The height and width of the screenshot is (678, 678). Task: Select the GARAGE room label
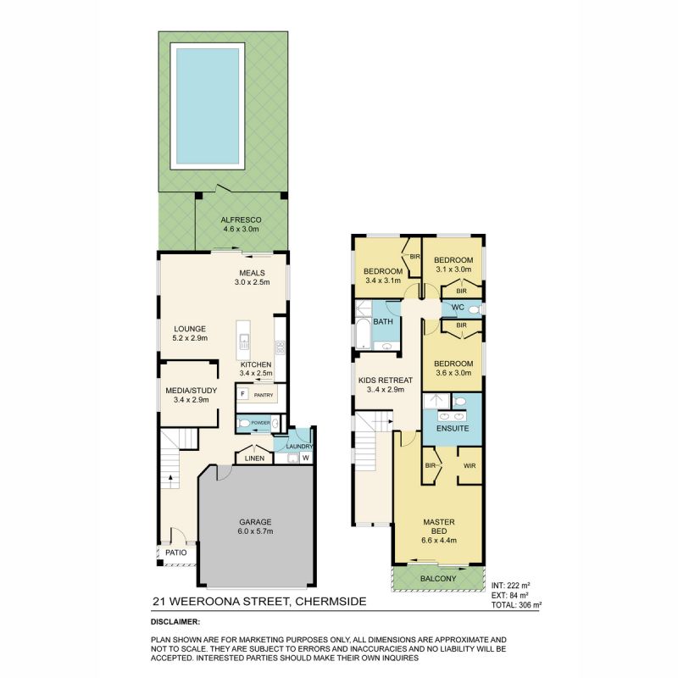[254, 521]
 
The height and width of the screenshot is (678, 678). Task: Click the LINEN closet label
[255, 458]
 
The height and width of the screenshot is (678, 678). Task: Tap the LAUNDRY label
[300, 447]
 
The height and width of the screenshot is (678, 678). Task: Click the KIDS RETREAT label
[386, 380]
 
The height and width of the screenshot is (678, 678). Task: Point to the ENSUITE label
[452, 429]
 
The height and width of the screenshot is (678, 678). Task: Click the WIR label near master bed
[470, 465]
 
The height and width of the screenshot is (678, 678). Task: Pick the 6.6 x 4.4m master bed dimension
[439, 540]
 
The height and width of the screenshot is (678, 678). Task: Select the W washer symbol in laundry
[305, 459]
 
